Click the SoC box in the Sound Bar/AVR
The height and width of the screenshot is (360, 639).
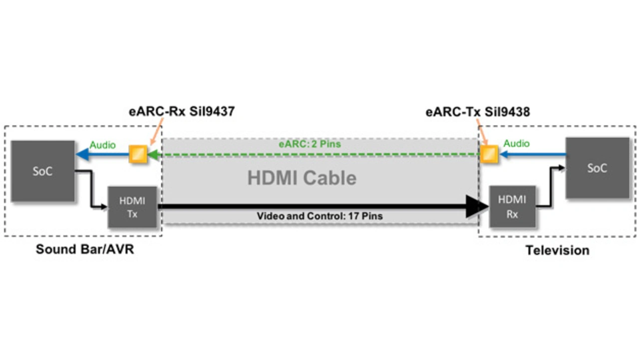tap(42, 171)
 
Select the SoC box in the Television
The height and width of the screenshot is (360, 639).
tap(597, 168)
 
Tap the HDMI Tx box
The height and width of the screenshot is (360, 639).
tap(132, 207)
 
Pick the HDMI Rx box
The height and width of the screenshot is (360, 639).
tap(512, 207)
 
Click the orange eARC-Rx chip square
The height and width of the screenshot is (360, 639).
tap(138, 154)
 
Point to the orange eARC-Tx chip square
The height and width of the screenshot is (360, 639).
tap(490, 154)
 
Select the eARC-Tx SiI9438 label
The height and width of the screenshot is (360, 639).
tap(477, 112)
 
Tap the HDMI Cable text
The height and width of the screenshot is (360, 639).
tap(302, 178)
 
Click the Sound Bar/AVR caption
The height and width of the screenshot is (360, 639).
tap(85, 249)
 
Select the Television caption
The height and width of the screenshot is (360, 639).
tap(557, 250)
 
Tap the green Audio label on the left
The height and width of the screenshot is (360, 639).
tap(102, 145)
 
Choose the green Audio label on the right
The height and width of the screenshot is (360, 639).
tap(516, 144)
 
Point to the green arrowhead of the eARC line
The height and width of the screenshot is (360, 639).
tap(154, 155)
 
